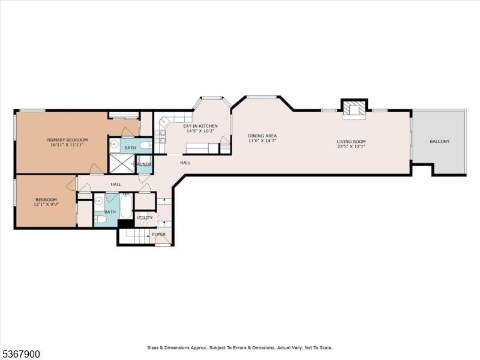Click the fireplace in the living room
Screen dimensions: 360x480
pyautogui.click(x=354, y=109)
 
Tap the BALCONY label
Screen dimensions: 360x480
pyautogui.click(x=439, y=142)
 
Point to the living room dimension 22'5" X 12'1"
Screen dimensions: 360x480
pyautogui.click(x=351, y=146)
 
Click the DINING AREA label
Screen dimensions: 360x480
pyautogui.click(x=262, y=136)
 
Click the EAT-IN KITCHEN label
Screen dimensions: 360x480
pyautogui.click(x=201, y=125)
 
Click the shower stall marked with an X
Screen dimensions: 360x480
pyautogui.click(x=122, y=163)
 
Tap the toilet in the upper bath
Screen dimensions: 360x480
pyautogui.click(x=146, y=145)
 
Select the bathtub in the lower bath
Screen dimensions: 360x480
pyautogui.click(x=127, y=206)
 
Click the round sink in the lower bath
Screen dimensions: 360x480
pyautogui.click(x=100, y=201)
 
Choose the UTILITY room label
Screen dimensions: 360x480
pyautogui.click(x=145, y=217)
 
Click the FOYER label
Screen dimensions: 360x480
pyautogui.click(x=158, y=234)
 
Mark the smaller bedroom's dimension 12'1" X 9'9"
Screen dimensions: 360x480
pyautogui.click(x=46, y=204)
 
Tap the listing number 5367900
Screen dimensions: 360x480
pyautogui.click(x=21, y=354)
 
